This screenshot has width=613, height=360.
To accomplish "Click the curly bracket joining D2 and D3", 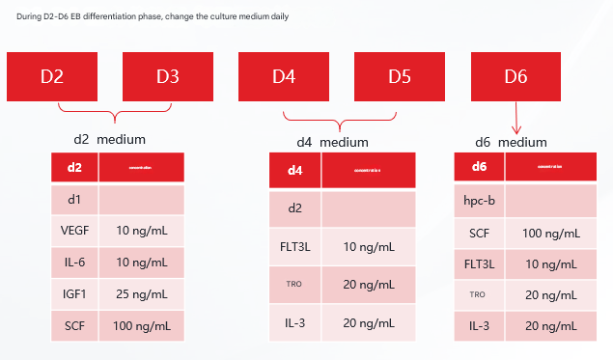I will click(114, 115).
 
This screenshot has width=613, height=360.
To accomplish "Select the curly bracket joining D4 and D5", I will click(339, 121).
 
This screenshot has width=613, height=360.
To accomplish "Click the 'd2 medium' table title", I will click(109, 139).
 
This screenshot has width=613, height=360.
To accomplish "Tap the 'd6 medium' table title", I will click(511, 142).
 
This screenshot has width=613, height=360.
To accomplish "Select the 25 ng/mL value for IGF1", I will click(142, 293).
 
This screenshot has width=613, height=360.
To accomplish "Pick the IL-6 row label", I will click(74, 262).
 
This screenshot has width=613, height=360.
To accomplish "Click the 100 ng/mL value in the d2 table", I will click(142, 325).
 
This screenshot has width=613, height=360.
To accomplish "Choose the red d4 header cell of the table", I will click(295, 171).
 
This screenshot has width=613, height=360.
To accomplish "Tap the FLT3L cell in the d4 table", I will click(295, 247).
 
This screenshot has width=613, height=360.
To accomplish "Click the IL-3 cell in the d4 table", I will click(295, 322).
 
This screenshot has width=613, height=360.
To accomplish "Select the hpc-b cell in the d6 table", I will click(480, 202).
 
